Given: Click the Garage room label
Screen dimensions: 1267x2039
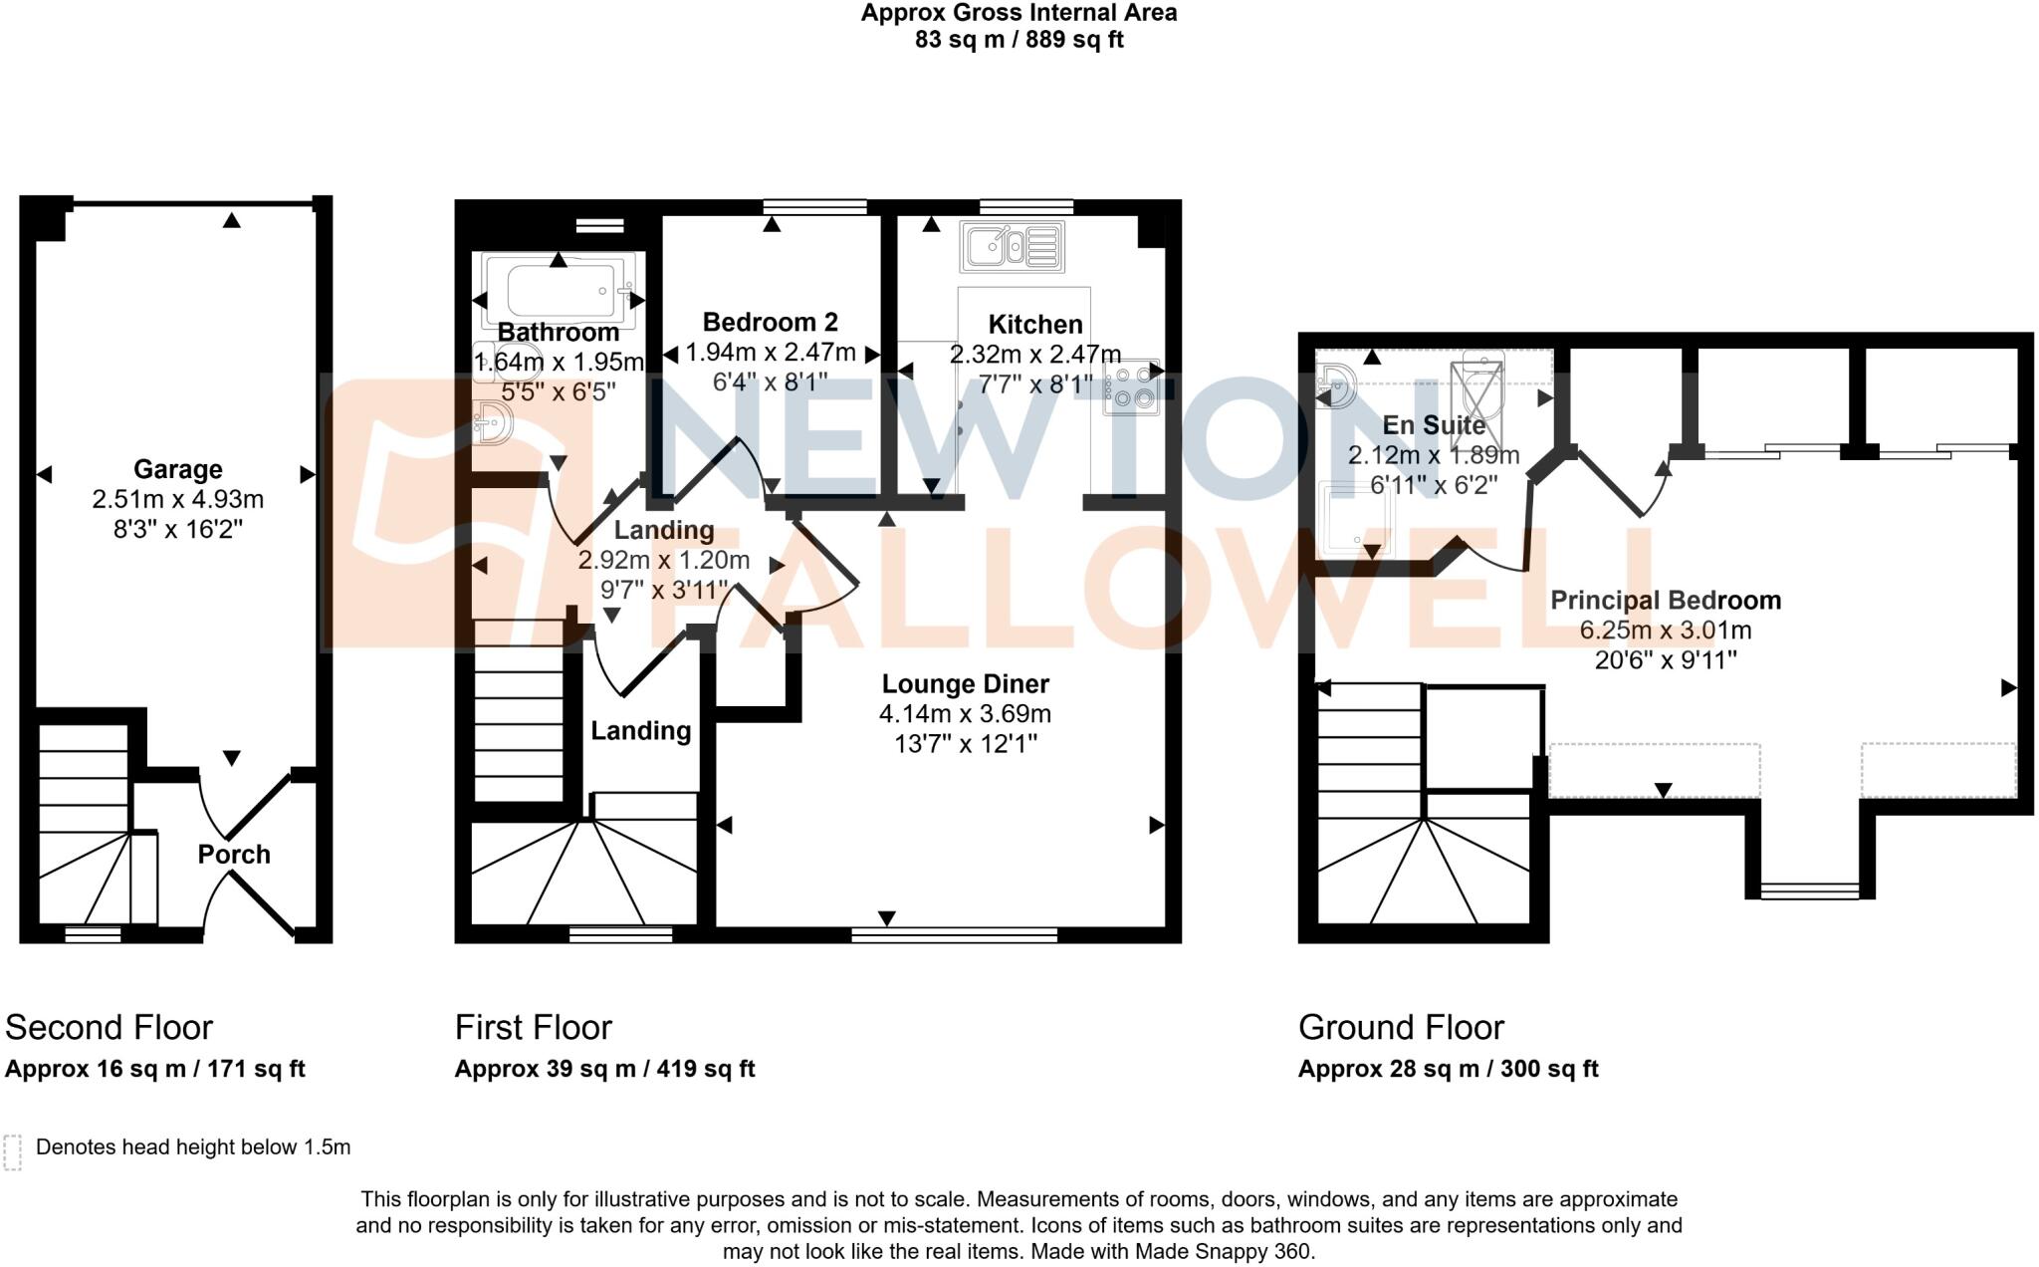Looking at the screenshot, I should [x=178, y=469].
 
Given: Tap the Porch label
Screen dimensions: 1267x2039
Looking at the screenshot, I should [x=234, y=855].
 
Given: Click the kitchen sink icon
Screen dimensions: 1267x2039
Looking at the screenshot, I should [x=1012, y=248].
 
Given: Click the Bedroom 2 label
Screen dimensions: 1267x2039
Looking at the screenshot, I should [x=770, y=323].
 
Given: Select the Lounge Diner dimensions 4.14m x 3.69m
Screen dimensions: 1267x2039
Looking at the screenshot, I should [x=965, y=714].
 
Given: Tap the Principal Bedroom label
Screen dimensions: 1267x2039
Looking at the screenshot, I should [x=1665, y=601].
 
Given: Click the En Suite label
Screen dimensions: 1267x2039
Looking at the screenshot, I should [x=1434, y=425].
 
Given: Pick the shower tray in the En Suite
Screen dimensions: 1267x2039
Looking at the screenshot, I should [x=1356, y=517].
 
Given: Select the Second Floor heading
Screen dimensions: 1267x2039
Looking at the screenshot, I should [x=110, y=1028].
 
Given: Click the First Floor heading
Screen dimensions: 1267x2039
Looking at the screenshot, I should [x=533, y=1028].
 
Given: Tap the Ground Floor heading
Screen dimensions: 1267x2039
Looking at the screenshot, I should [x=1401, y=1028].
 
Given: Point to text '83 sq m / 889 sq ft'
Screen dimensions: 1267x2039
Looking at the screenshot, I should [x=1019, y=41].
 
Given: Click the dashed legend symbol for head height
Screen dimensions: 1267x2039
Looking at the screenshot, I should [x=13, y=1151].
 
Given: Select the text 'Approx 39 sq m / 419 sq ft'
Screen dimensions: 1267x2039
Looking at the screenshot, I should [x=604, y=1070].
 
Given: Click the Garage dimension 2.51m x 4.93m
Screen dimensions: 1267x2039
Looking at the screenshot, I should [x=178, y=499].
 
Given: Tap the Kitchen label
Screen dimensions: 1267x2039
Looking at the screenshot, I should [x=1035, y=325].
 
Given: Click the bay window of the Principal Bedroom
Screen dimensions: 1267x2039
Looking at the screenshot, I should [x=1809, y=889].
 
